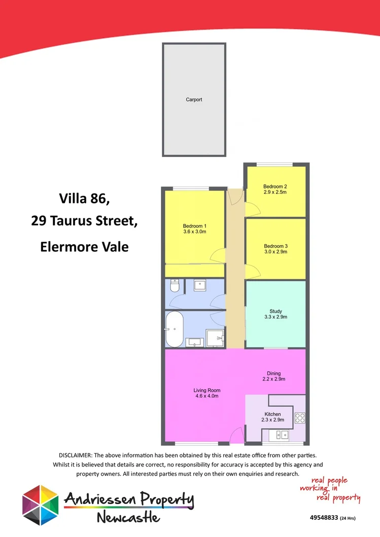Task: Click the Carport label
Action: click(x=194, y=100)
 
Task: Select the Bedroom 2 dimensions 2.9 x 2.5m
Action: click(x=275, y=193)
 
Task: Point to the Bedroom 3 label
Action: click(x=275, y=246)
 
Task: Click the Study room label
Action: click(x=275, y=311)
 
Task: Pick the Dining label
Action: click(x=274, y=373)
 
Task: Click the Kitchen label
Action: click(x=272, y=414)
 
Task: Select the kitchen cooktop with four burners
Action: click(x=300, y=418)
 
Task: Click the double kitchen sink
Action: click(x=279, y=434)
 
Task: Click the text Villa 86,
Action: click(x=84, y=198)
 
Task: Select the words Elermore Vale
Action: click(x=84, y=247)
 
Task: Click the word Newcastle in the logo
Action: click(x=128, y=518)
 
